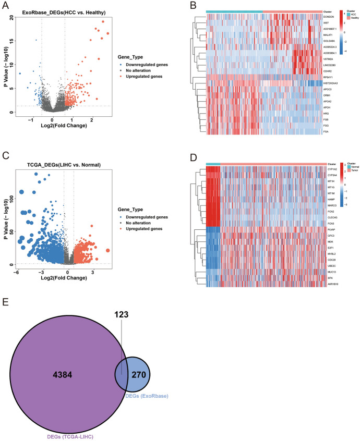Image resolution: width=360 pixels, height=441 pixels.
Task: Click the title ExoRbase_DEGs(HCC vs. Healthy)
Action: pyautogui.click(x=58, y=12)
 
